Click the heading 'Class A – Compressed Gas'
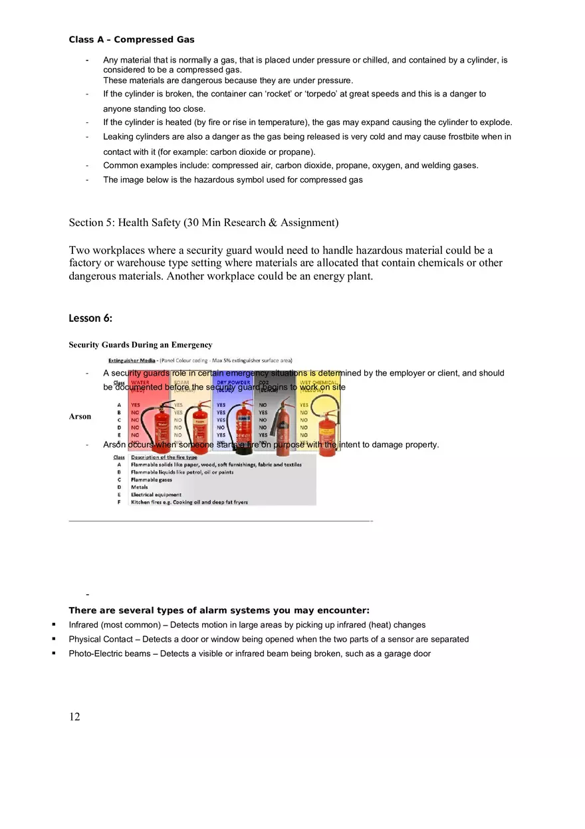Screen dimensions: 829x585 pos(132,40)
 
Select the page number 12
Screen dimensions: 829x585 pos(74,716)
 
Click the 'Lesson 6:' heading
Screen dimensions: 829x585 pos(90,318)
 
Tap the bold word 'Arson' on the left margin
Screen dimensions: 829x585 pos(80,416)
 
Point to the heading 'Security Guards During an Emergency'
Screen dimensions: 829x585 pos(140,344)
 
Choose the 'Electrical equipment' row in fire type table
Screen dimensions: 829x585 pos(156,495)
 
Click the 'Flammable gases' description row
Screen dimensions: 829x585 pos(151,479)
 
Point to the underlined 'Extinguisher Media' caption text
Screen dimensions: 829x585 pos(132,360)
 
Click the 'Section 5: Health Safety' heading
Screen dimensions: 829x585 pos(203,223)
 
